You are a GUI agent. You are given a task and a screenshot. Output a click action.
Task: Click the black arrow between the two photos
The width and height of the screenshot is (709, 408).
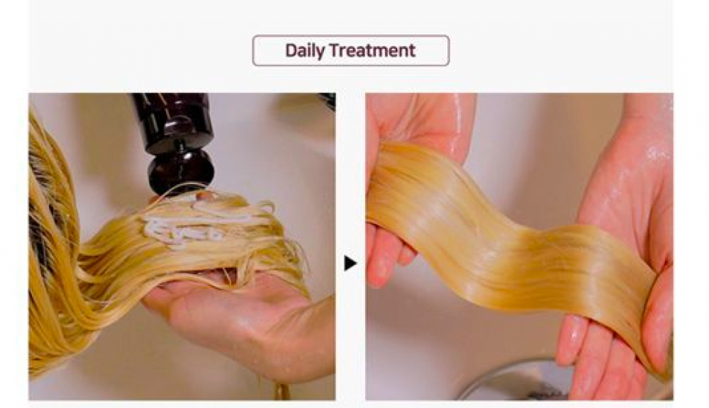[x=350, y=263]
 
